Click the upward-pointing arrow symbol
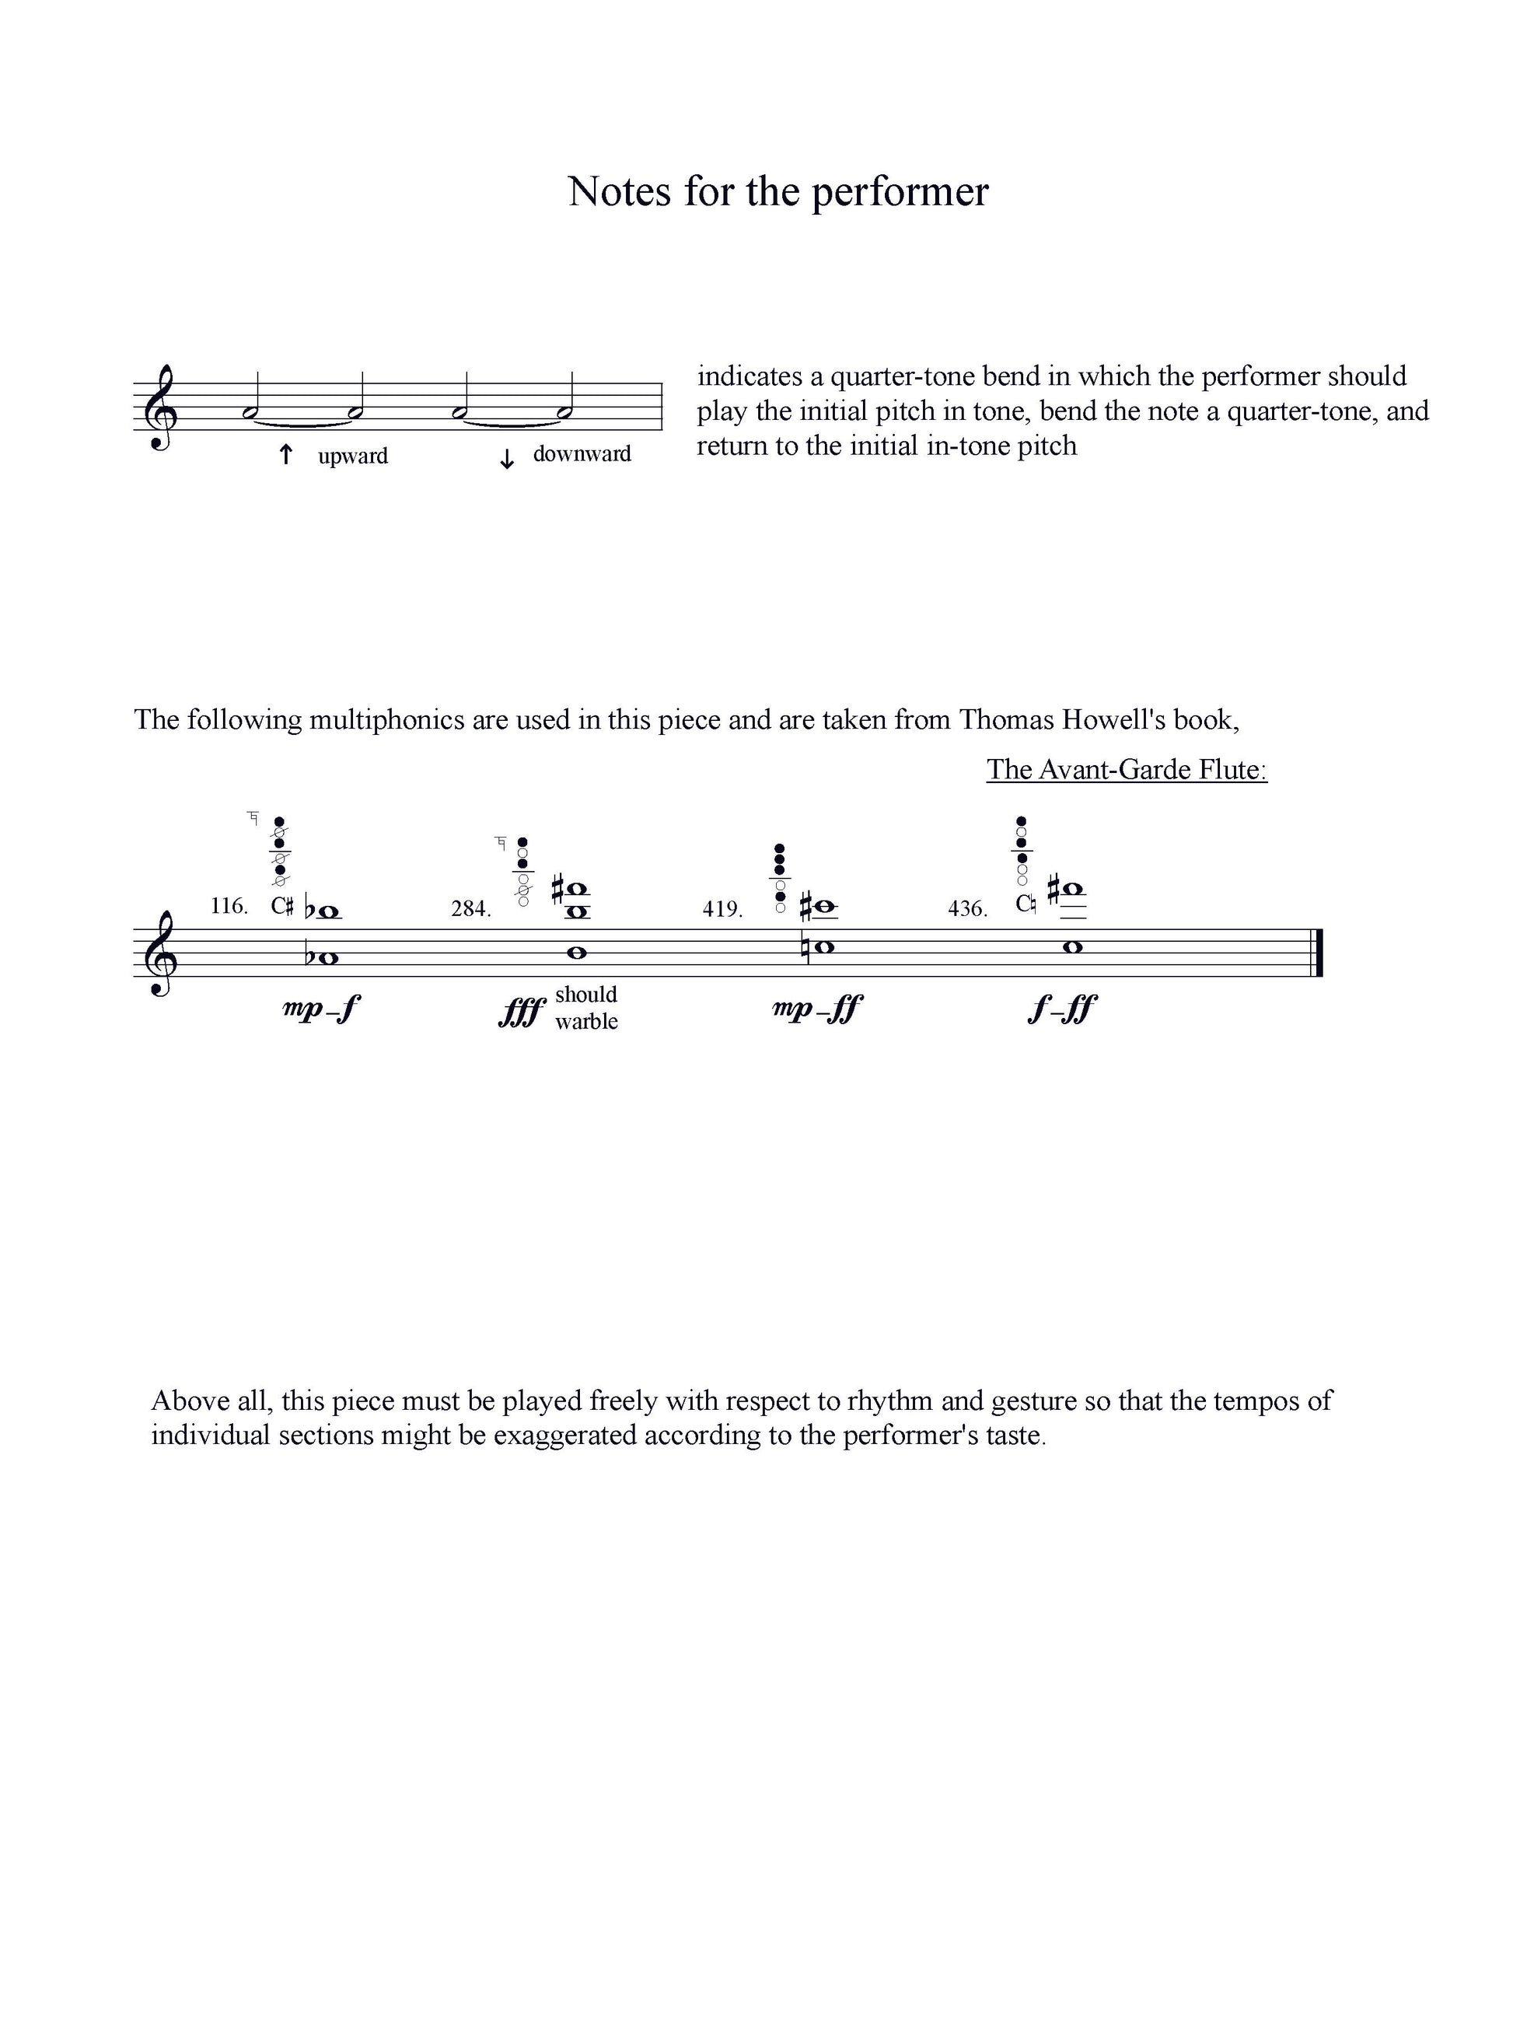click(x=285, y=453)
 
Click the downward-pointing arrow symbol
click(x=506, y=459)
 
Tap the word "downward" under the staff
click(x=581, y=453)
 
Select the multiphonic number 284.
click(x=470, y=908)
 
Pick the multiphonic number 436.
click(x=968, y=908)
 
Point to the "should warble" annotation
click(x=585, y=1007)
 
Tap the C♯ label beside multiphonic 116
click(x=281, y=906)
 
